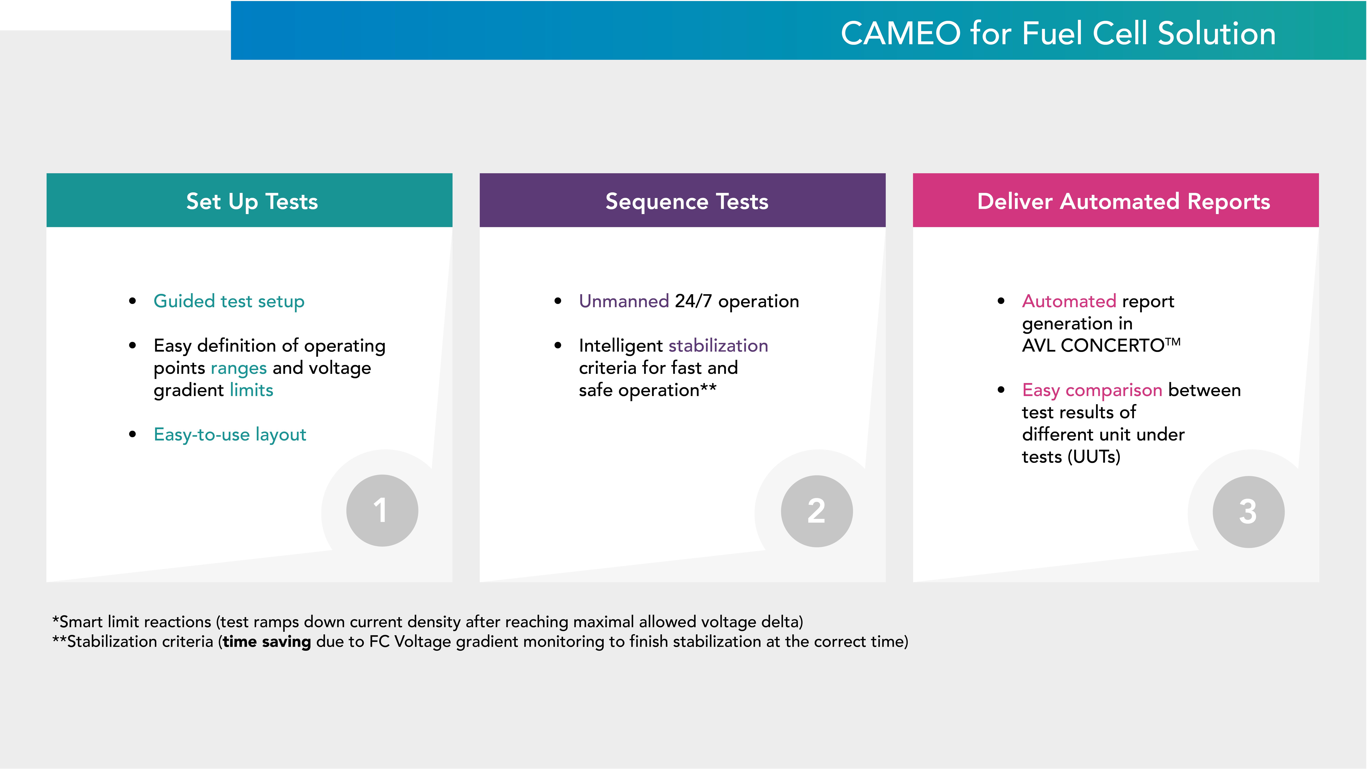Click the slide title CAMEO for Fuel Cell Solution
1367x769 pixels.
click(1058, 33)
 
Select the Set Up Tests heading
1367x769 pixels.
click(252, 202)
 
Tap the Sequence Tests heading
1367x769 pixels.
click(687, 202)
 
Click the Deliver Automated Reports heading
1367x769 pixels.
click(1123, 202)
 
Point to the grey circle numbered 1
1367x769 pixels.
click(382, 511)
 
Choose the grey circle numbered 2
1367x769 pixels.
click(817, 511)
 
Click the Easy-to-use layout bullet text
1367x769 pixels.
click(230, 435)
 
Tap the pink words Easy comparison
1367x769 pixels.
click(1092, 391)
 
